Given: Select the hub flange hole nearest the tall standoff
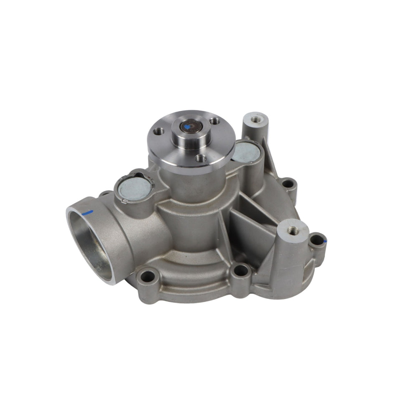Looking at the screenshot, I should [x=215, y=121].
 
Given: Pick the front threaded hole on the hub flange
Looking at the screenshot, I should [x=201, y=158].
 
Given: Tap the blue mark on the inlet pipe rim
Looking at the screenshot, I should [x=87, y=213].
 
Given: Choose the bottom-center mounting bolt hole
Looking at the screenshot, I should [x=241, y=271].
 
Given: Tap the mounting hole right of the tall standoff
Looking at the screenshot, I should [x=287, y=183].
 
